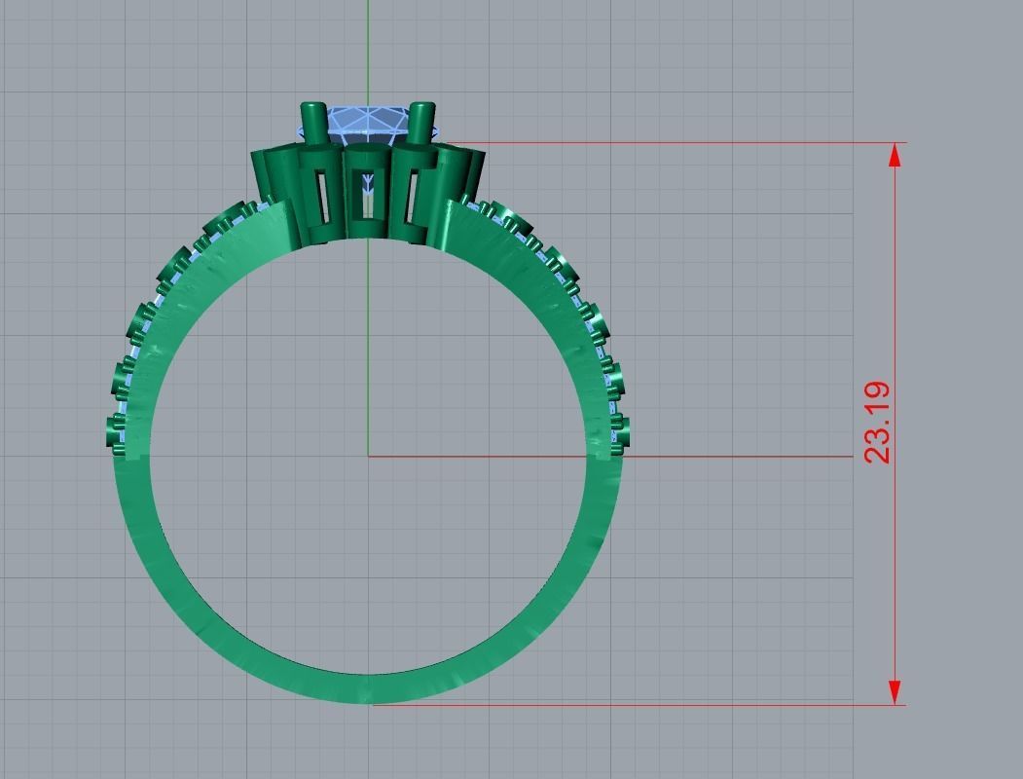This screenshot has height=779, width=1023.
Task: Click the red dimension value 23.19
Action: (x=877, y=423)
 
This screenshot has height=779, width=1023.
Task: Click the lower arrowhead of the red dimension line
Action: (x=895, y=692)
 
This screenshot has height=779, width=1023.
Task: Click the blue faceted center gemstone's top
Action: (x=368, y=121)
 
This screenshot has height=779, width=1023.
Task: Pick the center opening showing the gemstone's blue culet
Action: (x=368, y=195)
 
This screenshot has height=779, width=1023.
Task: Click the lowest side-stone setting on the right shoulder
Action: (x=619, y=431)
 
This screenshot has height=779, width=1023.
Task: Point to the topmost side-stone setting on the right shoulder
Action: (x=484, y=207)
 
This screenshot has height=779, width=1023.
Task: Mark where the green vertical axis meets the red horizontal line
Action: (x=368, y=456)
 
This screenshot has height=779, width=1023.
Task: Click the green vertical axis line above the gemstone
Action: (x=368, y=49)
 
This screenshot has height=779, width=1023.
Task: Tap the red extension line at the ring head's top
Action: (x=681, y=143)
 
